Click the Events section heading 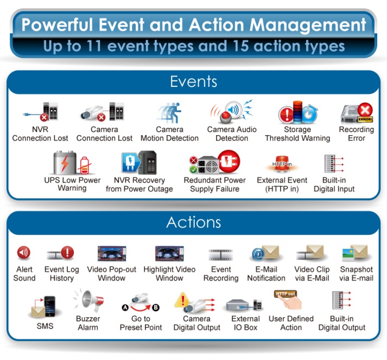[x=193, y=81]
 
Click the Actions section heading [x=193, y=222]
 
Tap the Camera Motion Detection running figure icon [x=169, y=112]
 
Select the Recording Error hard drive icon [x=357, y=113]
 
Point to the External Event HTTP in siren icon [x=282, y=163]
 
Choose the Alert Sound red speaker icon [x=24, y=252]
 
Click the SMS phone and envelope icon [x=44, y=306]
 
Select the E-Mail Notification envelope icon [x=265, y=253]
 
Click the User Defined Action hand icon [x=288, y=300]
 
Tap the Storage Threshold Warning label [x=297, y=134]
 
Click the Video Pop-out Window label [x=112, y=274]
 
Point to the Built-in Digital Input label [x=334, y=185]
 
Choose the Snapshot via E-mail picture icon [x=355, y=253]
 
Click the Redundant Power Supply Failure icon [x=214, y=162]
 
